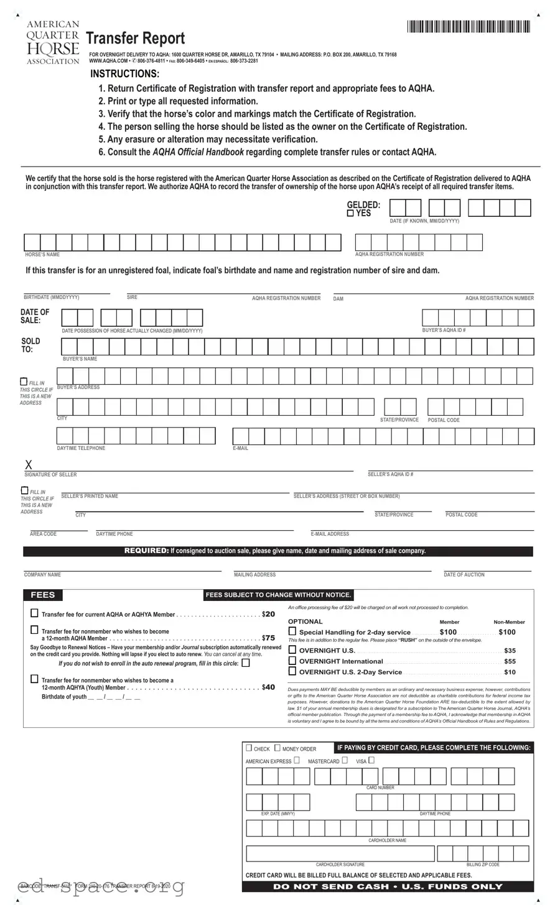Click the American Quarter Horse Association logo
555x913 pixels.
(x=53, y=42)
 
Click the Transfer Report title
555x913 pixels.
(x=135, y=39)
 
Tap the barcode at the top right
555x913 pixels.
(x=469, y=27)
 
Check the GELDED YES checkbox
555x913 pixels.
(x=350, y=213)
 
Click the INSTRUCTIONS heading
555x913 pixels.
(x=124, y=74)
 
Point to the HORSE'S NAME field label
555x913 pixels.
(x=42, y=255)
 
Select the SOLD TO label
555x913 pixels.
(x=30, y=345)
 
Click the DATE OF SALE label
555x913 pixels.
(x=35, y=316)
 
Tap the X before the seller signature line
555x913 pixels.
(x=28, y=466)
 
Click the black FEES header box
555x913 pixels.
(x=43, y=595)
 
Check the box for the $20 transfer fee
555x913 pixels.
(x=34, y=613)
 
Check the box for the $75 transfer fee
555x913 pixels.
(x=34, y=630)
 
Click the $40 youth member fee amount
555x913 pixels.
(x=268, y=687)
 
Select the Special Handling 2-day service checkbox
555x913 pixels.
(x=292, y=631)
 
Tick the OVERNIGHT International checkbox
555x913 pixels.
(x=292, y=661)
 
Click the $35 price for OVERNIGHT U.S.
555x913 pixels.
(x=510, y=651)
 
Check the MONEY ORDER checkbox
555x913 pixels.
(x=277, y=748)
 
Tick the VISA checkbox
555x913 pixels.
(x=371, y=760)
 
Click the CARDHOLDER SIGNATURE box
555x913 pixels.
(x=340, y=853)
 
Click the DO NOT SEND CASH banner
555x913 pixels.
(x=388, y=886)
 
